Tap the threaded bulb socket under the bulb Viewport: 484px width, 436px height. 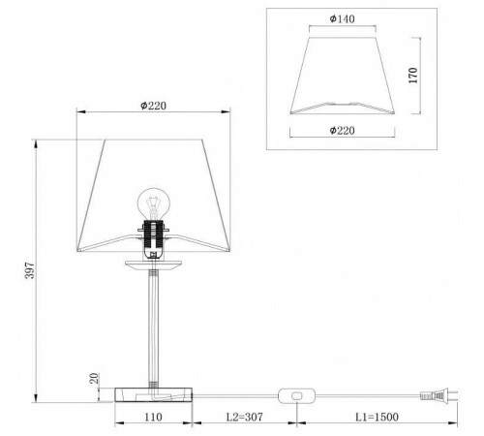[x=153, y=236]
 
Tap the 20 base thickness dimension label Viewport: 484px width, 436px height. [x=94, y=381]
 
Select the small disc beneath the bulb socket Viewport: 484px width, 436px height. [x=153, y=263]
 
